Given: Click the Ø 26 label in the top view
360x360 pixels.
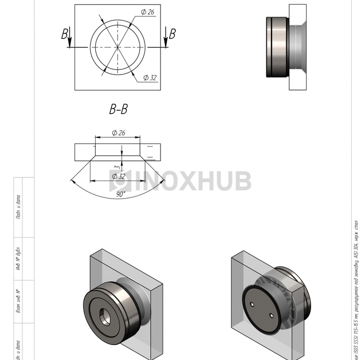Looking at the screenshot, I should click(147, 11).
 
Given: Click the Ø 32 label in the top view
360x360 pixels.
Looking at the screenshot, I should click(150, 78).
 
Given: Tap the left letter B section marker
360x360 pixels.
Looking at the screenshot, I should click(65, 34).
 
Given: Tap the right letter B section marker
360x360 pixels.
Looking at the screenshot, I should click(172, 34).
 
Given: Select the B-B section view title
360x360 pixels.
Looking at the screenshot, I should click(118, 109).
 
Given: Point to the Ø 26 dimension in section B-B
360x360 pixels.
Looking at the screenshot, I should click(118, 133).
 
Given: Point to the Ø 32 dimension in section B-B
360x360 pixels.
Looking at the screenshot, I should click(118, 176).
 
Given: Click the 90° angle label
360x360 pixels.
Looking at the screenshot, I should click(121, 194).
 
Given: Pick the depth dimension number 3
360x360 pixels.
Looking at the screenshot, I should click(117, 167).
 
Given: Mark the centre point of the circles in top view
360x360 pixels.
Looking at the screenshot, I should click(118, 47).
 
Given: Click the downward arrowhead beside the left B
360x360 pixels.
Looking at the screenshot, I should click(69, 44).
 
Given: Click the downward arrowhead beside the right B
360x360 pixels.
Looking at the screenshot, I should click(166, 44).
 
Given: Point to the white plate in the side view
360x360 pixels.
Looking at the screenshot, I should click(298, 46).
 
